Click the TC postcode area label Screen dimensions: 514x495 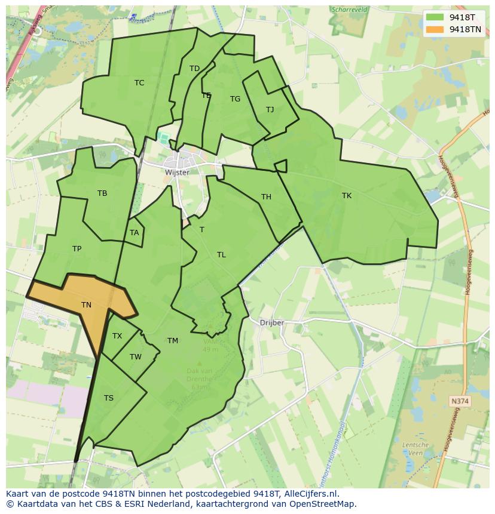point(139,83)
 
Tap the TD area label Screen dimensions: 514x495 point(194,69)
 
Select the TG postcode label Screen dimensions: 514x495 point(235,99)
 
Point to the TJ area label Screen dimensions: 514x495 point(270,109)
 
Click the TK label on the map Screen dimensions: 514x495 point(347,196)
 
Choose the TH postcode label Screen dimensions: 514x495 point(266,197)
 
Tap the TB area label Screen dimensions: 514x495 point(102,193)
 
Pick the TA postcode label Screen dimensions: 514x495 point(134,233)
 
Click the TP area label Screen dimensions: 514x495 point(77,249)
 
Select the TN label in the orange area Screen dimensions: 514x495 point(86,305)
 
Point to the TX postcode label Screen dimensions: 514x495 point(117,336)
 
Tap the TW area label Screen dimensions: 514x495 point(136,357)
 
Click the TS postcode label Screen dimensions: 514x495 point(109,398)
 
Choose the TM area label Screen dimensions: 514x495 point(173,341)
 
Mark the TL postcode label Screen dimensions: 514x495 point(221,255)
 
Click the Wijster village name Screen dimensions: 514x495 point(177,173)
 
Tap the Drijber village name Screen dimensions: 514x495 point(272,323)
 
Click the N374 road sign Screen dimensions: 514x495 point(460,402)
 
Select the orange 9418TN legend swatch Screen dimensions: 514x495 point(435,29)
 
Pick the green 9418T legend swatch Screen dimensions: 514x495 point(435,17)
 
